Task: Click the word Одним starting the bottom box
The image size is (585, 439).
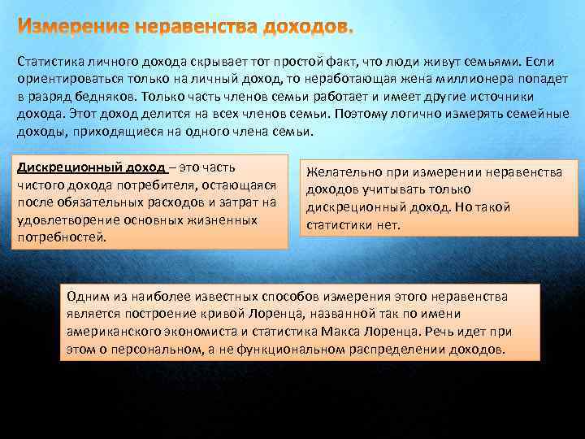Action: click(x=86, y=298)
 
